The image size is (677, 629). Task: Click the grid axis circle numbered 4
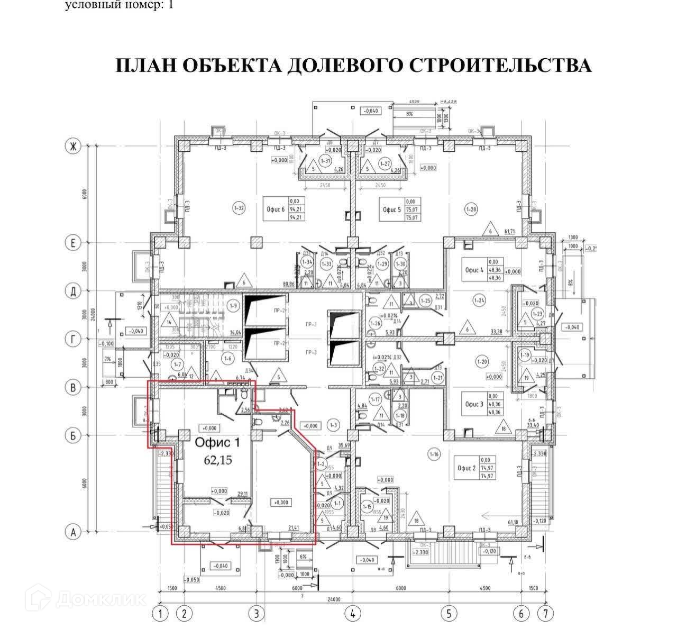[352, 614]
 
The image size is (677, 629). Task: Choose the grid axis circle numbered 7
[545, 614]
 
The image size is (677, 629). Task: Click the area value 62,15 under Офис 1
[218, 460]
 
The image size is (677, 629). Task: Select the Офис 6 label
[276, 209]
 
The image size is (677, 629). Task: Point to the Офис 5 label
[391, 209]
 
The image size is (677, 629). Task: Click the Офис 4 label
[473, 270]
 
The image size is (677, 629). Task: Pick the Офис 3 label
[473, 404]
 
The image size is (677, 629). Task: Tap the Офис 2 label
[466, 468]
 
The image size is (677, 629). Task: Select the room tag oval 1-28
[471, 209]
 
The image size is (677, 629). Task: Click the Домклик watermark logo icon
[42, 599]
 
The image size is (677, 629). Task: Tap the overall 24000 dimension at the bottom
[333, 599]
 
